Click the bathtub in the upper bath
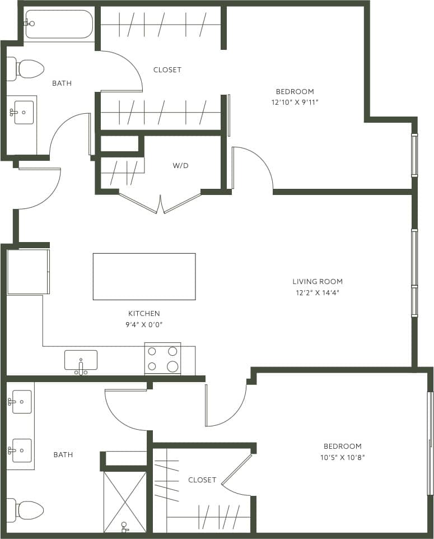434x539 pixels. point(59,24)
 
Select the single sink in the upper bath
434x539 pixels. point(23,112)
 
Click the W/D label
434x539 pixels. point(180,166)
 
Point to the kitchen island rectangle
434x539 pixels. point(144,276)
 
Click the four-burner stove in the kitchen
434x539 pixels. point(162,359)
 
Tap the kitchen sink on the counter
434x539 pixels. point(81,360)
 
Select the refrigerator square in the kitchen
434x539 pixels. point(28,272)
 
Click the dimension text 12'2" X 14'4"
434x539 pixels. point(318,292)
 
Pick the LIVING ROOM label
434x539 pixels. point(318,281)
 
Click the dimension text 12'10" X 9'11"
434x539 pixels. point(295,103)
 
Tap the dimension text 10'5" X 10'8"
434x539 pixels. point(342,457)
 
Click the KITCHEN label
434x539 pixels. point(144,313)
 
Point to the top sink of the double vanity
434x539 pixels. point(21,402)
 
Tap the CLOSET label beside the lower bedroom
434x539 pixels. point(202,480)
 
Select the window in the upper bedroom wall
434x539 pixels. point(414,155)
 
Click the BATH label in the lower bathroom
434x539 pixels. point(63,454)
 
